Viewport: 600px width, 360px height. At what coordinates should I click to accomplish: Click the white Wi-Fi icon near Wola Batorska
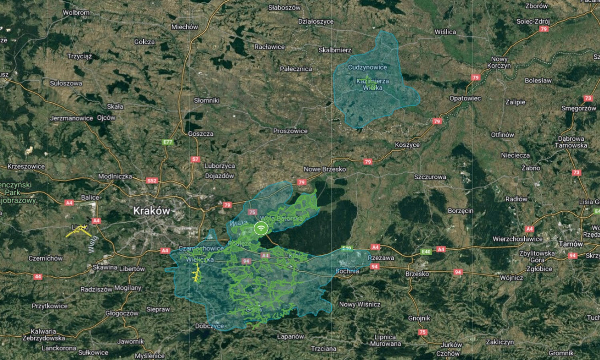tap(261, 228)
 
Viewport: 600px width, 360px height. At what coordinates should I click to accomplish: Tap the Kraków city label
tap(152, 211)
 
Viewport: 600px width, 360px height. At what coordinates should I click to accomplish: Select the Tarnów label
tap(571, 244)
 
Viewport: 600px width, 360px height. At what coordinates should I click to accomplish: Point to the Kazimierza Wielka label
tap(372, 84)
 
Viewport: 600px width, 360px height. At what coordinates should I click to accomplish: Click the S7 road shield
tap(195, 159)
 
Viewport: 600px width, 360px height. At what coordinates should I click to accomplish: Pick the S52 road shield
tap(152, 181)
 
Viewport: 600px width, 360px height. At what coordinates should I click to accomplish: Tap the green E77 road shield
tap(168, 142)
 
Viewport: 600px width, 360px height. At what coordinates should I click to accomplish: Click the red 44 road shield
tap(38, 276)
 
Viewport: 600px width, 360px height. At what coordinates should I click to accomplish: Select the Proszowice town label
tap(290, 131)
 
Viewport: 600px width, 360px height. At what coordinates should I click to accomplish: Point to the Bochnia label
tap(347, 271)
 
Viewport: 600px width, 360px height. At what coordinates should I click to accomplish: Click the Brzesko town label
tap(417, 274)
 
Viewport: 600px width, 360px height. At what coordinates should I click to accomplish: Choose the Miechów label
tap(184, 27)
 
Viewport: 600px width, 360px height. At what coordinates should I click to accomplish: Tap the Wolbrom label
tap(76, 12)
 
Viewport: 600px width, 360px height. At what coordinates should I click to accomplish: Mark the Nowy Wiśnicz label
tap(360, 304)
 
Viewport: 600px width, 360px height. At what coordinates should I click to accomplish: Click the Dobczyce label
tap(209, 326)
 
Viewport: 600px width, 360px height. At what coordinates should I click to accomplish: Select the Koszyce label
tap(407, 145)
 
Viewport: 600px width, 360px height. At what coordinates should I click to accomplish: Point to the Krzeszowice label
tap(26, 166)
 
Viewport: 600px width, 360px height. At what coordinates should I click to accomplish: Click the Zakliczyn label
tap(500, 342)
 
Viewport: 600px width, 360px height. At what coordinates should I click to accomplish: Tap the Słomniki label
tap(206, 100)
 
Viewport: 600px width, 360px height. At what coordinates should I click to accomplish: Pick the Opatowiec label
tap(465, 98)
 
